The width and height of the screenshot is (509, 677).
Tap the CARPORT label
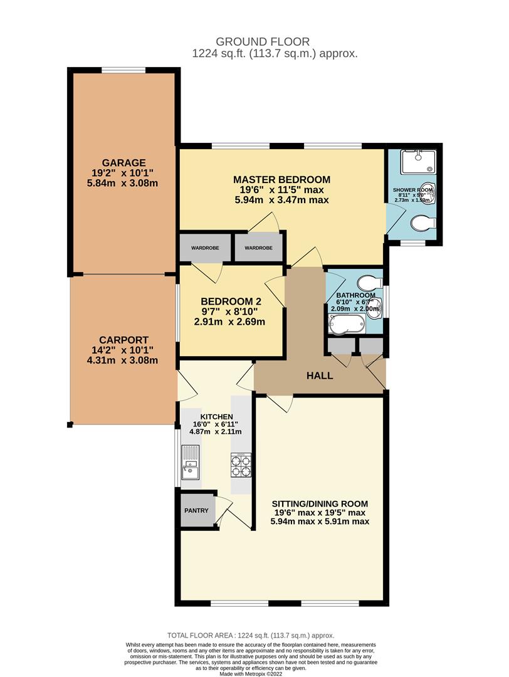(123, 340)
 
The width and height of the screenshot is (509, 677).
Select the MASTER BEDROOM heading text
(281, 179)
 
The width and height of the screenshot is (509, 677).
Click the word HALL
(319, 376)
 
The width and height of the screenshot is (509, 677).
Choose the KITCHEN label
(216, 417)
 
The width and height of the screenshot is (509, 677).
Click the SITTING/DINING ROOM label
(320, 503)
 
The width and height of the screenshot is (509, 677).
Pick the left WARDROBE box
(205, 248)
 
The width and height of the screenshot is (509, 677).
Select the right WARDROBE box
(259, 248)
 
